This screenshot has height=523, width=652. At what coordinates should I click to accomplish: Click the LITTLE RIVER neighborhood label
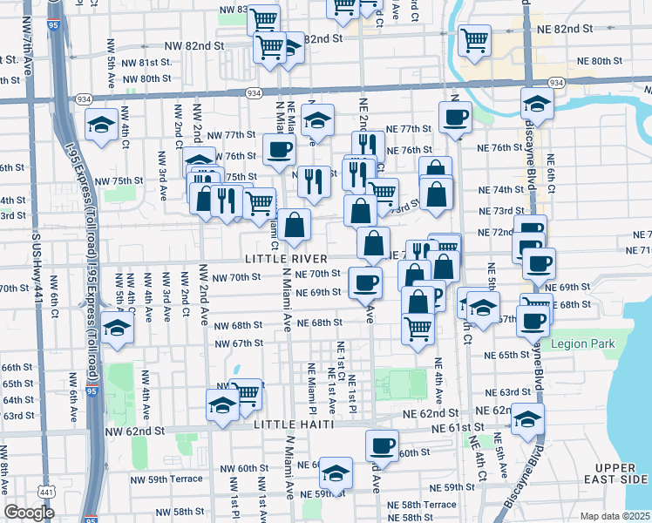coord(286,259)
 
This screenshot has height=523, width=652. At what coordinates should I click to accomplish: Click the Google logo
coord(29,513)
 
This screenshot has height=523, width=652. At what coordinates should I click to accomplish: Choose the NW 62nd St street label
coord(134,431)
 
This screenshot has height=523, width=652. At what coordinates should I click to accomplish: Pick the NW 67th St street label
coord(241,343)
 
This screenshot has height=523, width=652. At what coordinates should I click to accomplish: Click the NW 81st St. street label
coord(147,63)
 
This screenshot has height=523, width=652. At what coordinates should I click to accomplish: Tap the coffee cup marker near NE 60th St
coord(381,446)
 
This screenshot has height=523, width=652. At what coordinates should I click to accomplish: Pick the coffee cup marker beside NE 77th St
coord(454,118)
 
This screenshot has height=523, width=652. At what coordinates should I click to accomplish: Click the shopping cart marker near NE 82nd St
coord(475,40)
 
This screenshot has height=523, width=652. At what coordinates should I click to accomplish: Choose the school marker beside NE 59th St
coord(336,473)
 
